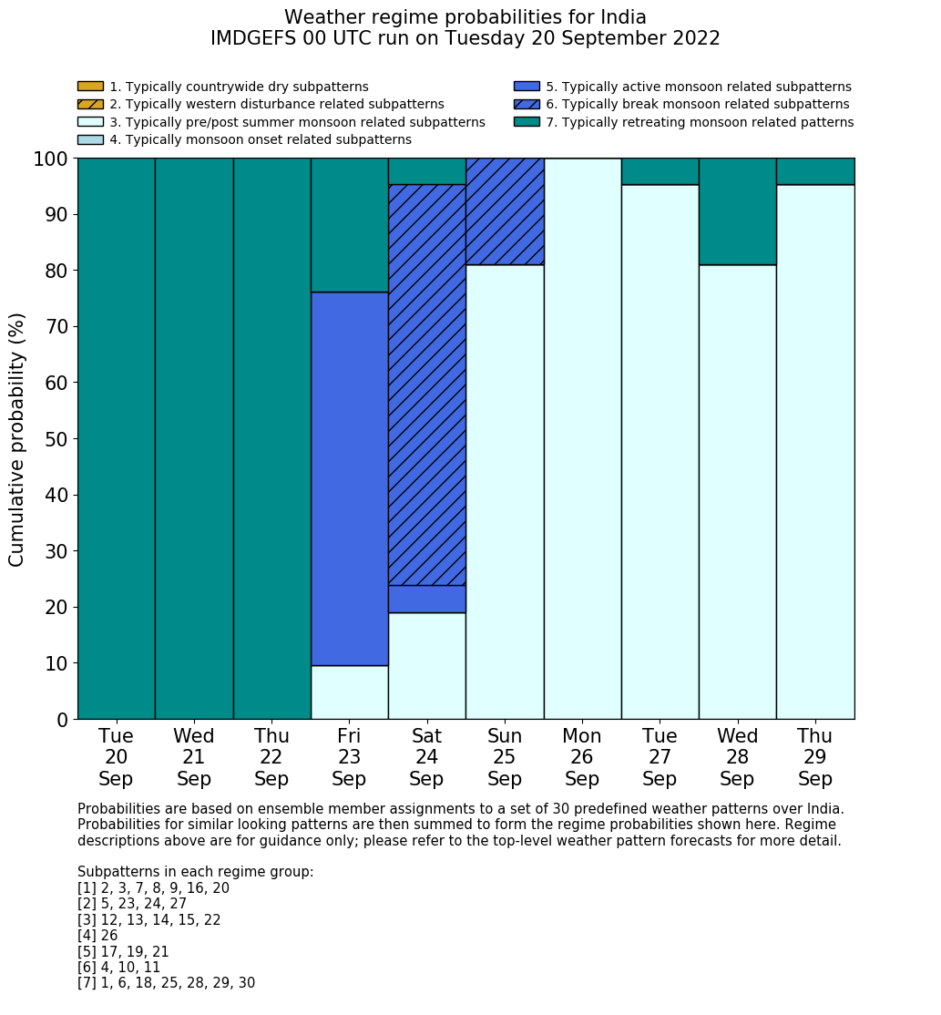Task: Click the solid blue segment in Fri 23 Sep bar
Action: [349, 478]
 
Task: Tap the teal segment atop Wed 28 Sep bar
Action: [737, 211]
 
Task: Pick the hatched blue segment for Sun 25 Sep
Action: [505, 211]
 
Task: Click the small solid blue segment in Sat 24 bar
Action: [426, 599]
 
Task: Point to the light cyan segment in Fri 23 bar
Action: [349, 692]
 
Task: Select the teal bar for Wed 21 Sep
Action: [193, 438]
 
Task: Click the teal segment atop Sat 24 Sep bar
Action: [426, 171]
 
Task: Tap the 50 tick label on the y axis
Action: [56, 439]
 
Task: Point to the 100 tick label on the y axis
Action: [51, 159]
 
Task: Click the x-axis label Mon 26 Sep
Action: [582, 757]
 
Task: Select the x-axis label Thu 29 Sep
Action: [814, 757]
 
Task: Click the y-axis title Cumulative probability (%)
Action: [17, 439]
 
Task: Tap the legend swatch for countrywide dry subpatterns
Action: [90, 87]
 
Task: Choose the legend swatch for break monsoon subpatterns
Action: [527, 105]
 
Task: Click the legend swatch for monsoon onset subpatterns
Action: [90, 139]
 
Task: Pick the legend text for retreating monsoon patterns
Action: [700, 122]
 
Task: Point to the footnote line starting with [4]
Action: [97, 936]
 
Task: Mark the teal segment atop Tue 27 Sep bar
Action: [660, 171]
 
